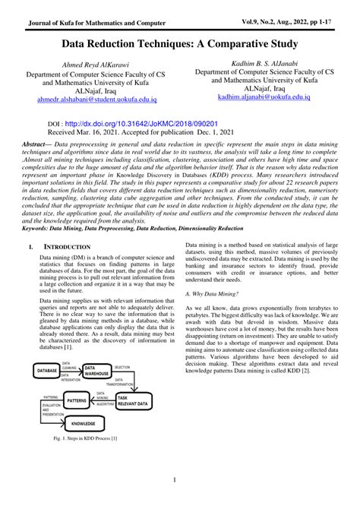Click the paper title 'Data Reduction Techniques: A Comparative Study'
pyautogui.click(x=180, y=45)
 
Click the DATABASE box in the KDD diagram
pyautogui.click(x=46, y=369)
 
